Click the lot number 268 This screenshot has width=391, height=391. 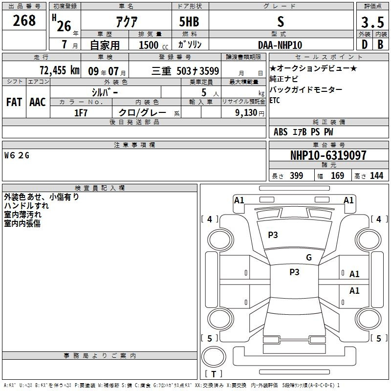coord(24,21)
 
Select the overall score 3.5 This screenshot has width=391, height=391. coord(372,22)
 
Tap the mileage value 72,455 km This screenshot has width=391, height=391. coord(60,70)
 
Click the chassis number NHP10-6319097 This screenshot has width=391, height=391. coord(328,155)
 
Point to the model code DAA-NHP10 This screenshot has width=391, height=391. coord(280,45)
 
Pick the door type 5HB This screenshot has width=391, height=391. coord(189,22)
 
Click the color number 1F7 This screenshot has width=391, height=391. coord(81,113)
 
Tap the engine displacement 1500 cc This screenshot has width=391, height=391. coord(153,45)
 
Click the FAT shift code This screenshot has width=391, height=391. coord(14,102)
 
